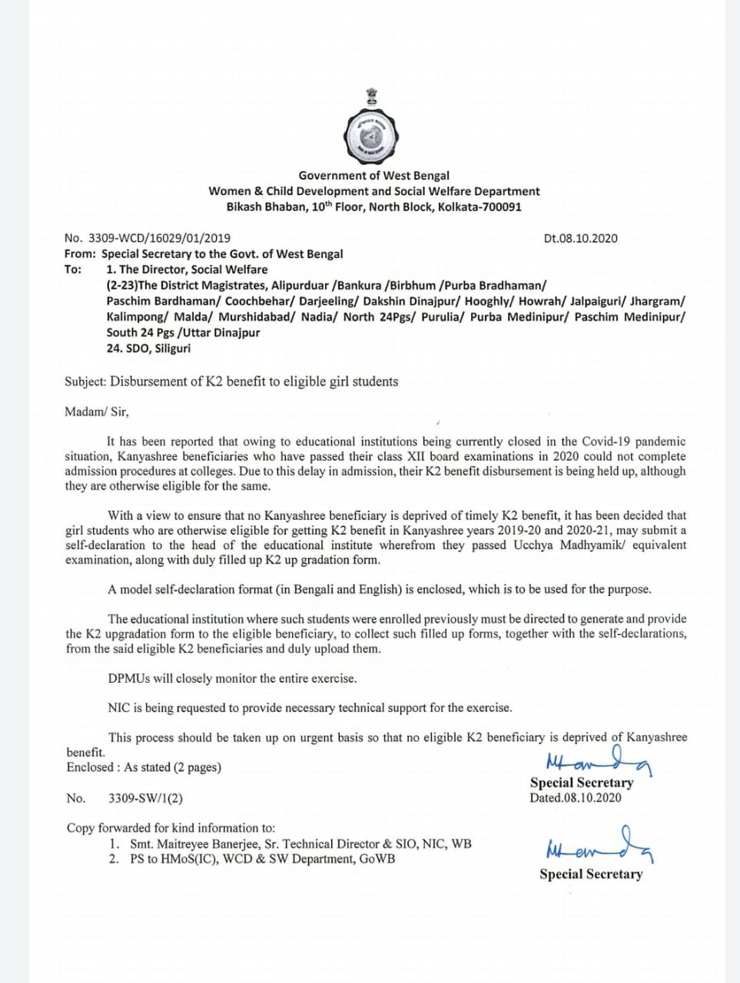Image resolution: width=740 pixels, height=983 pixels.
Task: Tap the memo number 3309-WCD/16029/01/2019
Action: tap(159, 238)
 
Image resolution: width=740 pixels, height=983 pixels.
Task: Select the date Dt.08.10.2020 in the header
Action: tap(580, 238)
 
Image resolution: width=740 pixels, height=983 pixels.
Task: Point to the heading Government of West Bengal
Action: tap(373, 176)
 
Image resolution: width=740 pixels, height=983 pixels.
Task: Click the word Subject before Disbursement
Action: tap(85, 382)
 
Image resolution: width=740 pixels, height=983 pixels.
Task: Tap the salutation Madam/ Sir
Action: tap(97, 412)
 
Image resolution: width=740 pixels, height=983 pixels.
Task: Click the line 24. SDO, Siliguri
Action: tap(148, 349)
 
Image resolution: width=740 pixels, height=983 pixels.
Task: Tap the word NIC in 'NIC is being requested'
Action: tap(119, 708)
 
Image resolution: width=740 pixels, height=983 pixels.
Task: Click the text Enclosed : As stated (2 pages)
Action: tap(144, 767)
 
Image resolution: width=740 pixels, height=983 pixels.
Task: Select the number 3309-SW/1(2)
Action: tap(145, 799)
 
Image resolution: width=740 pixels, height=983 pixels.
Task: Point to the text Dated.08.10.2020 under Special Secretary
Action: tap(575, 798)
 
